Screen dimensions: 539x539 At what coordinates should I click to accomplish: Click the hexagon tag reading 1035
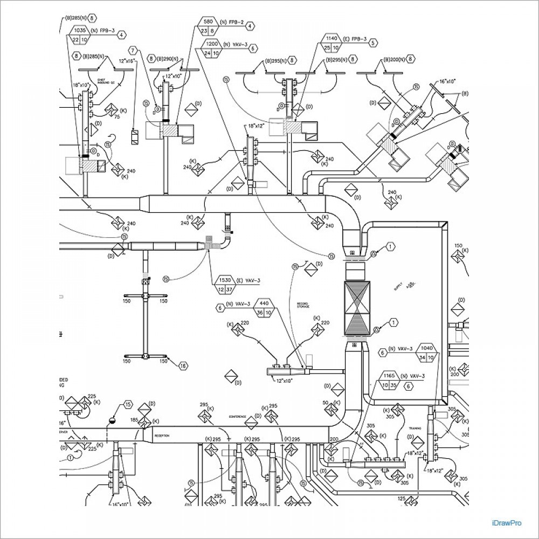80,31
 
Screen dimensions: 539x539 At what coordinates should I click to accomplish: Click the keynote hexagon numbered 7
133,51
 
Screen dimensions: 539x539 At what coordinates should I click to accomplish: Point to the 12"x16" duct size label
127,61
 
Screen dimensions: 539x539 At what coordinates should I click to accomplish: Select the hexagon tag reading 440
264,303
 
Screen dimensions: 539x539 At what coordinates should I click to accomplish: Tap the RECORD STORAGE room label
302,305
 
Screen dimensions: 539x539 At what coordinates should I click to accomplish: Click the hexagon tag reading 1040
427,348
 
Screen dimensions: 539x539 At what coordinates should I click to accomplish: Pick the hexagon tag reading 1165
390,375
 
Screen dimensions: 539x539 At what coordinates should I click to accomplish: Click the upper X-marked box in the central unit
357,298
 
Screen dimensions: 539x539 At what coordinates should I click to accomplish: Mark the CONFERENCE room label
237,417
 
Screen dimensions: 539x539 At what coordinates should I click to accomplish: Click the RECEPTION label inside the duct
162,435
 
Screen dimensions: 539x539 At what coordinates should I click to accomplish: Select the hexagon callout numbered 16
183,366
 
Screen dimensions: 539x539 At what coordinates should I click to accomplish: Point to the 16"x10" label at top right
447,80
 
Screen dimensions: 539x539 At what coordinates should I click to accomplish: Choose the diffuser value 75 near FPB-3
116,116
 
